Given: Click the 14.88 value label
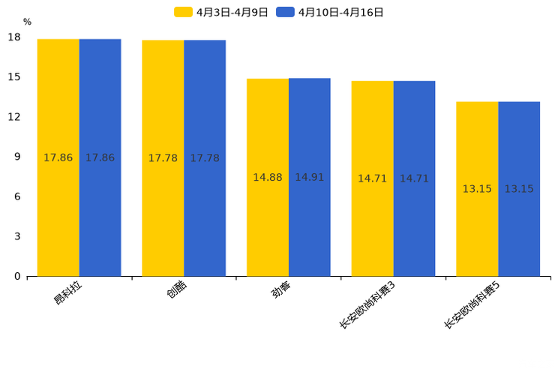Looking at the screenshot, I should tap(268, 178).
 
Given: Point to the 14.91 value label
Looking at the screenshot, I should tap(310, 178).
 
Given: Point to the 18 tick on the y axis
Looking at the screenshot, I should tap(14, 37).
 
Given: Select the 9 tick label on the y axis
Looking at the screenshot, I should tap(17, 157).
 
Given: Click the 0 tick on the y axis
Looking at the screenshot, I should tap(17, 276).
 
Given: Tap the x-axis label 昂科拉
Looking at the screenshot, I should tap(67, 292).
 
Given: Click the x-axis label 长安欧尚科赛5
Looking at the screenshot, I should tap(472, 305).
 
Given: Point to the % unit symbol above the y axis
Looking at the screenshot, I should tap(27, 22).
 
